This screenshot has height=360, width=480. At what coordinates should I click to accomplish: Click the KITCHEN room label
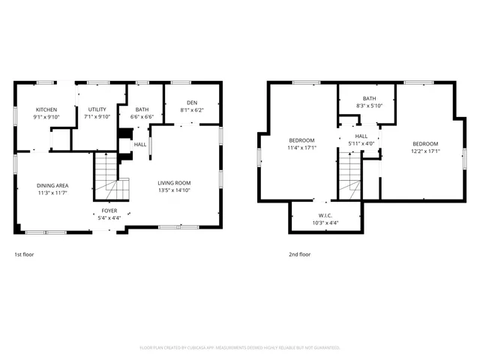[46, 109]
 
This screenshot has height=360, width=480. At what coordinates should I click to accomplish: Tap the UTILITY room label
[97, 109]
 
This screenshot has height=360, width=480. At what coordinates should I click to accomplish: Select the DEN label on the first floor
[191, 102]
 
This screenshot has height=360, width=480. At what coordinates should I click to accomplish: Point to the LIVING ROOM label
[174, 183]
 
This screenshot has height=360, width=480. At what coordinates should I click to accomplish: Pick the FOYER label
[109, 211]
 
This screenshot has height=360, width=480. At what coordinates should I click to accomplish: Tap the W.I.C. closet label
[325, 215]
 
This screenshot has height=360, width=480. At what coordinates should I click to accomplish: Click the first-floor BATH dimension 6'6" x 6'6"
[142, 117]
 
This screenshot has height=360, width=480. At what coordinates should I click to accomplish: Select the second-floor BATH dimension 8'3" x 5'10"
[369, 106]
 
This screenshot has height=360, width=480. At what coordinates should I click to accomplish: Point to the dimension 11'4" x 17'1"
[302, 148]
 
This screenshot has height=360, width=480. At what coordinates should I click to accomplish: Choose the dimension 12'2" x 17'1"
[424, 151]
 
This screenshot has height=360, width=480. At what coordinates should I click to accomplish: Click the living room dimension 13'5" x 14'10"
[174, 190]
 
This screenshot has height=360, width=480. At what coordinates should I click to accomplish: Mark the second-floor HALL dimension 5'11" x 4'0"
[361, 144]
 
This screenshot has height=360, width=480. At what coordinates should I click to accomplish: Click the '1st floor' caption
[24, 254]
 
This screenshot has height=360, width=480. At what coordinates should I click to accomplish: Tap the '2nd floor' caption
[299, 254]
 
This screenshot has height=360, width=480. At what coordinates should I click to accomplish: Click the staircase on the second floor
[349, 177]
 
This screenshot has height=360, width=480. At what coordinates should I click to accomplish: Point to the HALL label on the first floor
[140, 144]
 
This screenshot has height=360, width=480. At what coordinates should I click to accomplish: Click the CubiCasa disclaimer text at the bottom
[240, 348]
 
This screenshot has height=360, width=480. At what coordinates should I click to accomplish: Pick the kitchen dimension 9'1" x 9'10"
[46, 117]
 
